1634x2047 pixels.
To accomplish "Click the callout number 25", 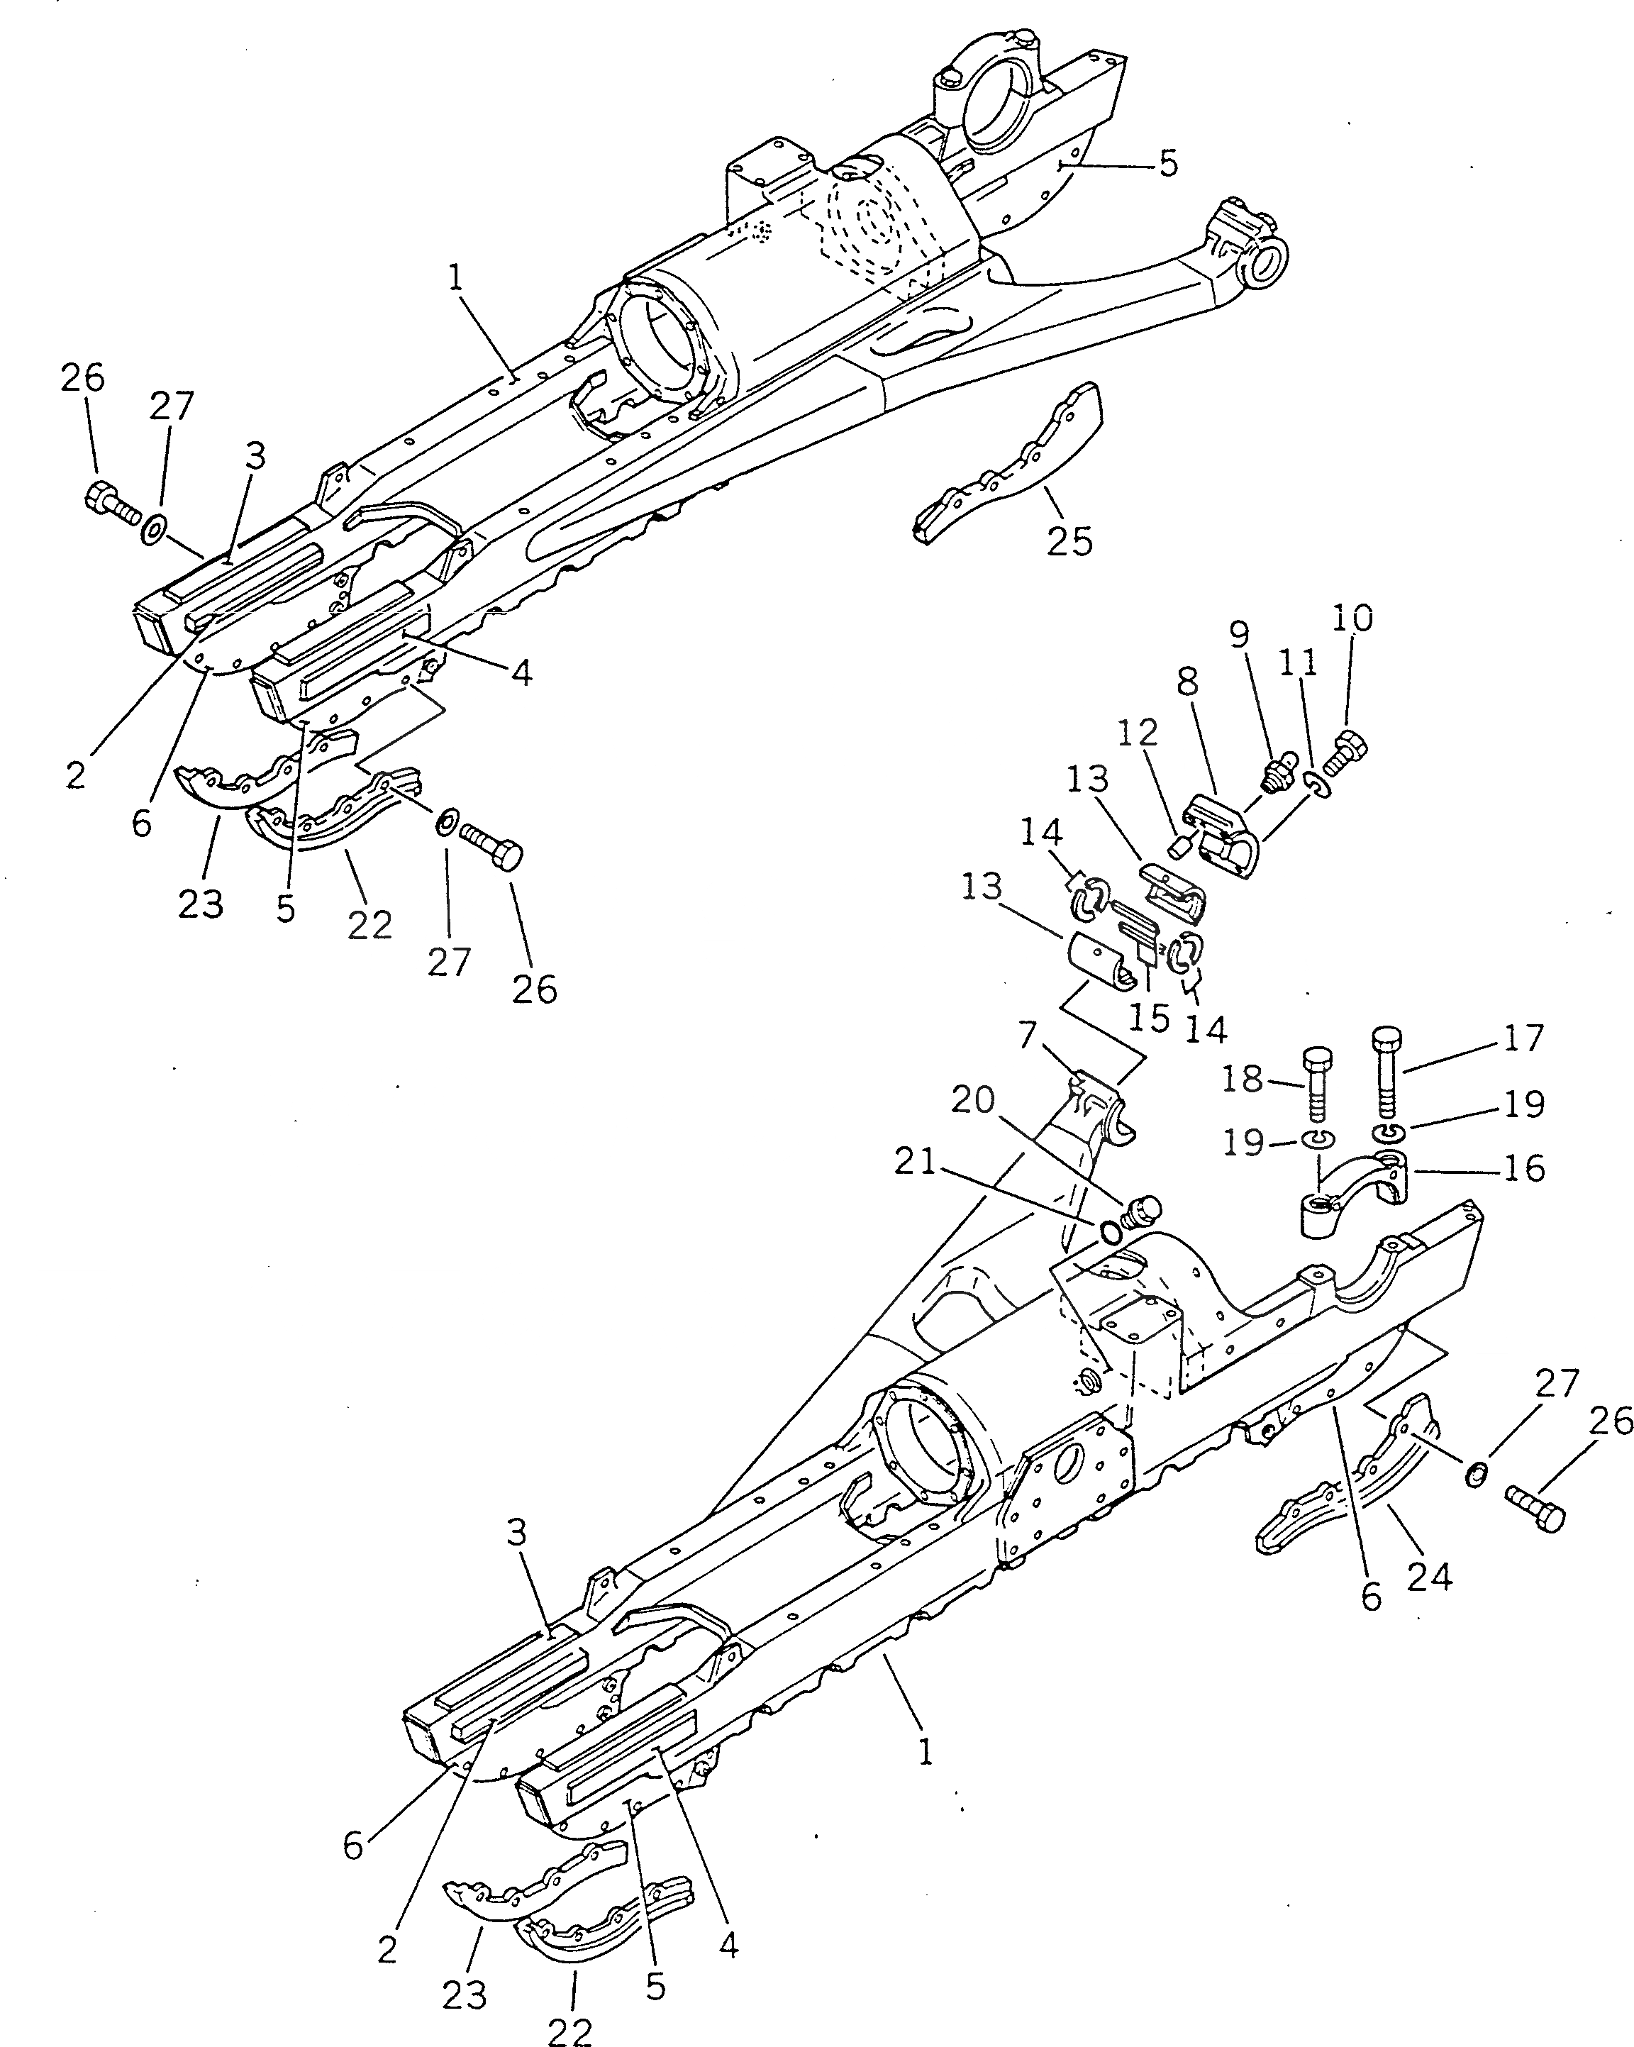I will coord(1070,541).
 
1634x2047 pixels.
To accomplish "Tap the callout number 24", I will coord(1430,1577).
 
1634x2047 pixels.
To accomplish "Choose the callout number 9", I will coord(1240,634).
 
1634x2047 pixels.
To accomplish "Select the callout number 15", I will coord(1149,1018).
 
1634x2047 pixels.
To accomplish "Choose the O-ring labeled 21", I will coord(1108,1231).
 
